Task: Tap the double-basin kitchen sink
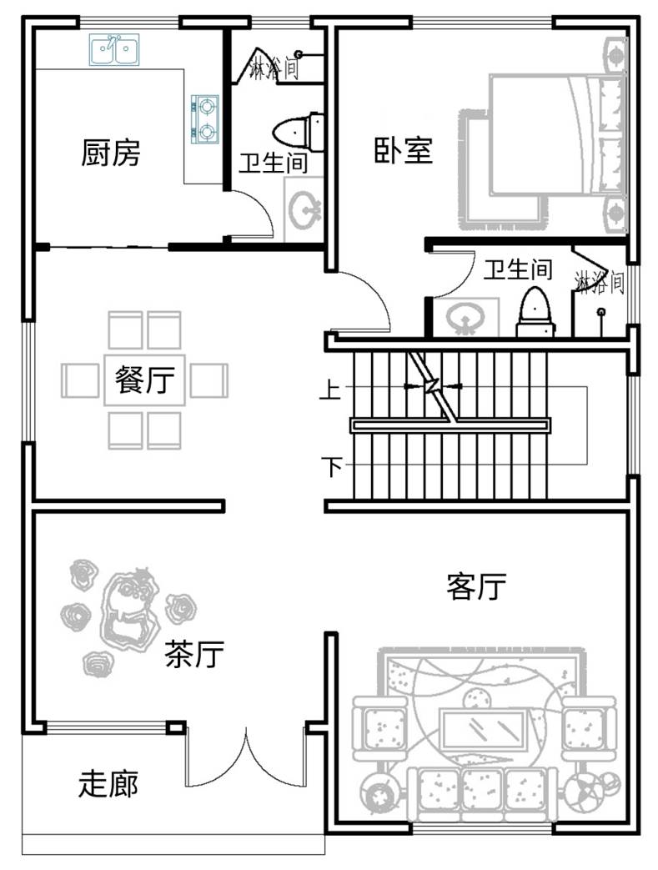coord(114,51)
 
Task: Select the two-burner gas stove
coord(204,118)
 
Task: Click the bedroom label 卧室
coord(403,150)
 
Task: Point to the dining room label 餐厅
coord(145,380)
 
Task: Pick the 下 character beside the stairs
coord(332,466)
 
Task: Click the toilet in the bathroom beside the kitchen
coord(299,132)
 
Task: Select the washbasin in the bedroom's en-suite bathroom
coord(465,317)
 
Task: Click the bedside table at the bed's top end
coord(615,54)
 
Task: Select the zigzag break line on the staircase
coord(434,386)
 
